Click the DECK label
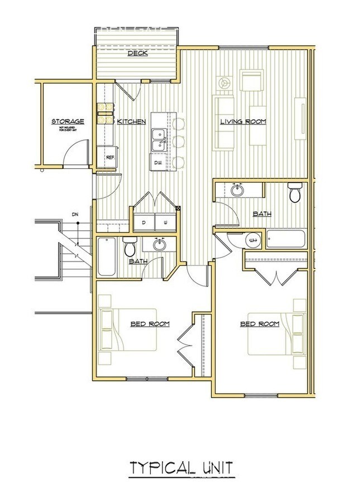pos(137,54)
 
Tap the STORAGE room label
pos(68,121)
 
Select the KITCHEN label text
pos(132,122)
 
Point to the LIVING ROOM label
pos(243,122)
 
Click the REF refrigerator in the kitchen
pos(110,157)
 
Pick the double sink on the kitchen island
pos(157,138)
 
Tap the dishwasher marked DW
pos(158,162)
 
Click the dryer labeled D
pos(143,221)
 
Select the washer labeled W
pos(165,221)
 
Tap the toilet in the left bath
pos(130,246)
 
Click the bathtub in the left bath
pos(107,256)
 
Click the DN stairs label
pos(74,215)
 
